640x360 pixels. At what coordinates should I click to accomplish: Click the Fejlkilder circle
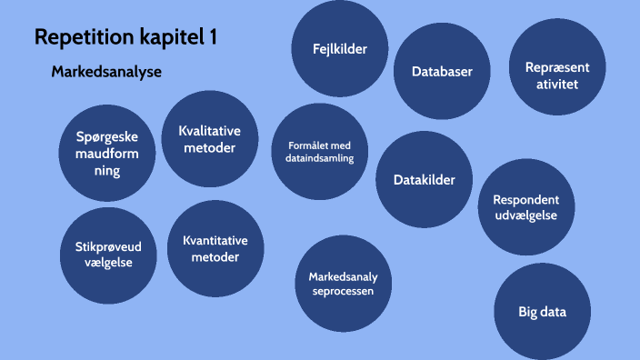329,49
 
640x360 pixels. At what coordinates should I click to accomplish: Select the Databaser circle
441,72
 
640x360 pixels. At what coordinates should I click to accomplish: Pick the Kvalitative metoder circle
209,139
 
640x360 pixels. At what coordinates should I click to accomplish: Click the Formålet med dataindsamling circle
313,151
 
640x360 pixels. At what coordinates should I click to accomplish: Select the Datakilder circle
425,180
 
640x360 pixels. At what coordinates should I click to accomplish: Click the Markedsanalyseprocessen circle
343,284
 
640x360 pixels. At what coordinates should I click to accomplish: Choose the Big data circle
542,312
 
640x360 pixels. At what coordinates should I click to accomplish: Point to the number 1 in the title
212,38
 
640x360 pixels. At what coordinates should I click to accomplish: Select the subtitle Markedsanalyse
106,72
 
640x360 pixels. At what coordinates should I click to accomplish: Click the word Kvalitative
209,130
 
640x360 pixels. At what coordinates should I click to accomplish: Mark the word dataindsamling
313,158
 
